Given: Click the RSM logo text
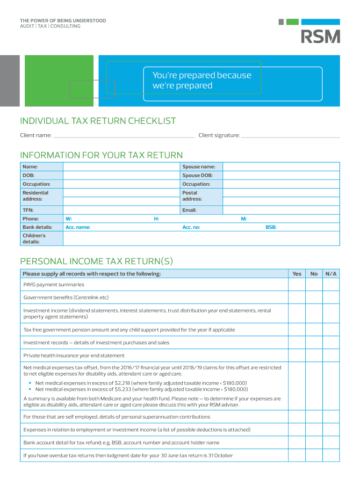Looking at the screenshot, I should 320,36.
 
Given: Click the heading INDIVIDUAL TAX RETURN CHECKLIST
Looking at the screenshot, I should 98,121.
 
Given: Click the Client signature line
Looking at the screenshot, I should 290,136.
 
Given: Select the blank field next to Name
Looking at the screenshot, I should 121,167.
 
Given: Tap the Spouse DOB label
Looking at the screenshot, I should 197,175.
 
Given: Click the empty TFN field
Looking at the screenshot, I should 121,210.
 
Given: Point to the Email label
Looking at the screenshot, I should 189,210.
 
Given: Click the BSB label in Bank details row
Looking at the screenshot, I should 271,227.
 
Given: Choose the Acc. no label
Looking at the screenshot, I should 191,227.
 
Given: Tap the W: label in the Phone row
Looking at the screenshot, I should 69,219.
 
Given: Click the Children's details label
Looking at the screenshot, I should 34,239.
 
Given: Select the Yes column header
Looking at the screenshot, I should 297,274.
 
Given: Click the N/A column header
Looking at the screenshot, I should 331,274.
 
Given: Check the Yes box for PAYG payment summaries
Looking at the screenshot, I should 297,284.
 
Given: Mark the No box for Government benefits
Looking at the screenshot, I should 314,298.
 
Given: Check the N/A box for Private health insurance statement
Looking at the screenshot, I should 331,356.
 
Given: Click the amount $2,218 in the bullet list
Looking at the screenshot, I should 122,383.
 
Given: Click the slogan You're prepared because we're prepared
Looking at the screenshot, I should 202,80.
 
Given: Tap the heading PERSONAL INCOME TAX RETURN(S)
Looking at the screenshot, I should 96,261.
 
